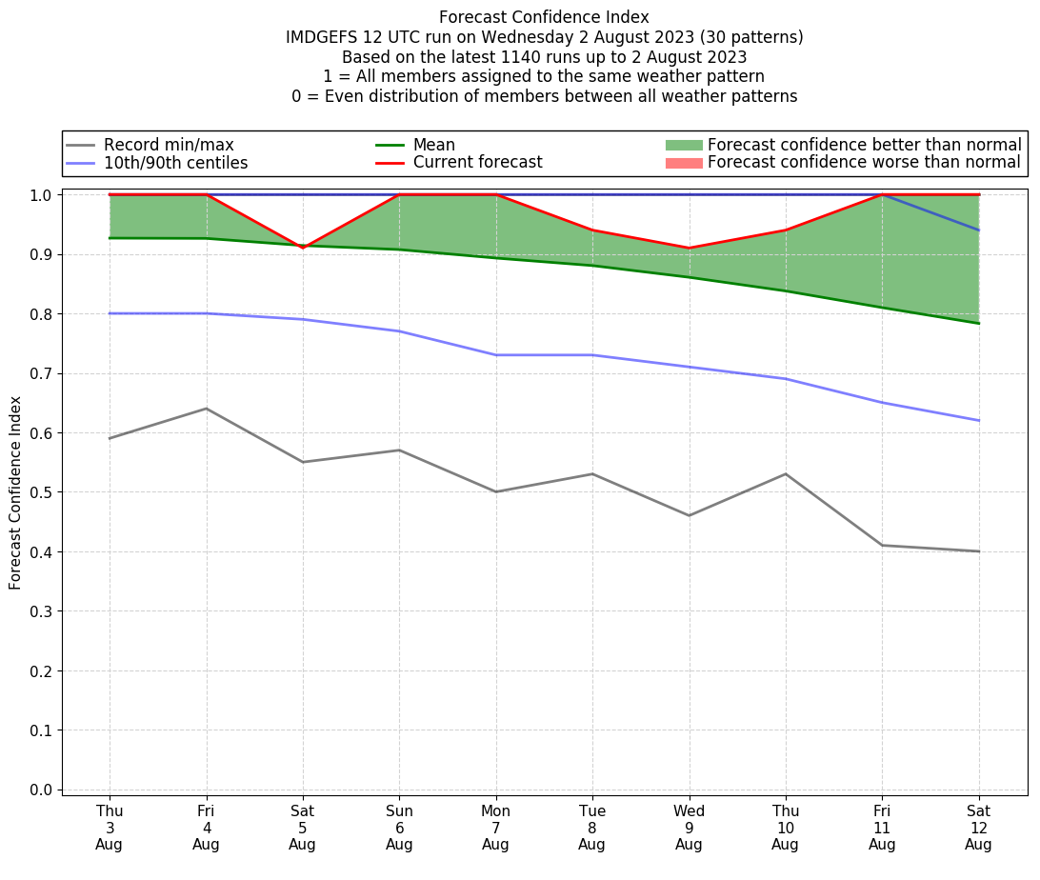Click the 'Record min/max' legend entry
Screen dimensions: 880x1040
coord(168,145)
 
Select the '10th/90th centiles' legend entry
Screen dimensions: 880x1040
coord(175,163)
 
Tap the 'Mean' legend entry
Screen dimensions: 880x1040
coord(433,145)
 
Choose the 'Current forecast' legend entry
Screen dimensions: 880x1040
coord(477,163)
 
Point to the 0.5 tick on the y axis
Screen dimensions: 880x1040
coord(44,492)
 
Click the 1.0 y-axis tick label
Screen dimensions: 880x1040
coord(44,195)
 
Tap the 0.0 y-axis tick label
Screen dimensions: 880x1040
coord(44,790)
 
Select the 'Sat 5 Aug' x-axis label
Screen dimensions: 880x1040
coord(303,828)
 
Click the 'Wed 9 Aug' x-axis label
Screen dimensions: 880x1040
coord(689,828)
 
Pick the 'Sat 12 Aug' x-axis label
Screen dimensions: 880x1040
coord(978,828)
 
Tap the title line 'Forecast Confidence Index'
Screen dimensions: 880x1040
coord(544,17)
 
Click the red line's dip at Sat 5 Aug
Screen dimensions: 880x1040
coord(303,248)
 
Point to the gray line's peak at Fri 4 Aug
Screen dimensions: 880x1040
coord(207,409)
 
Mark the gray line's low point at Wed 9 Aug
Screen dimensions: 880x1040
coord(689,515)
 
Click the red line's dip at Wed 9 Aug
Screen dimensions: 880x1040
coord(689,249)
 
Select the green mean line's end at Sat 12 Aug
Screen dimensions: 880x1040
coord(978,323)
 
